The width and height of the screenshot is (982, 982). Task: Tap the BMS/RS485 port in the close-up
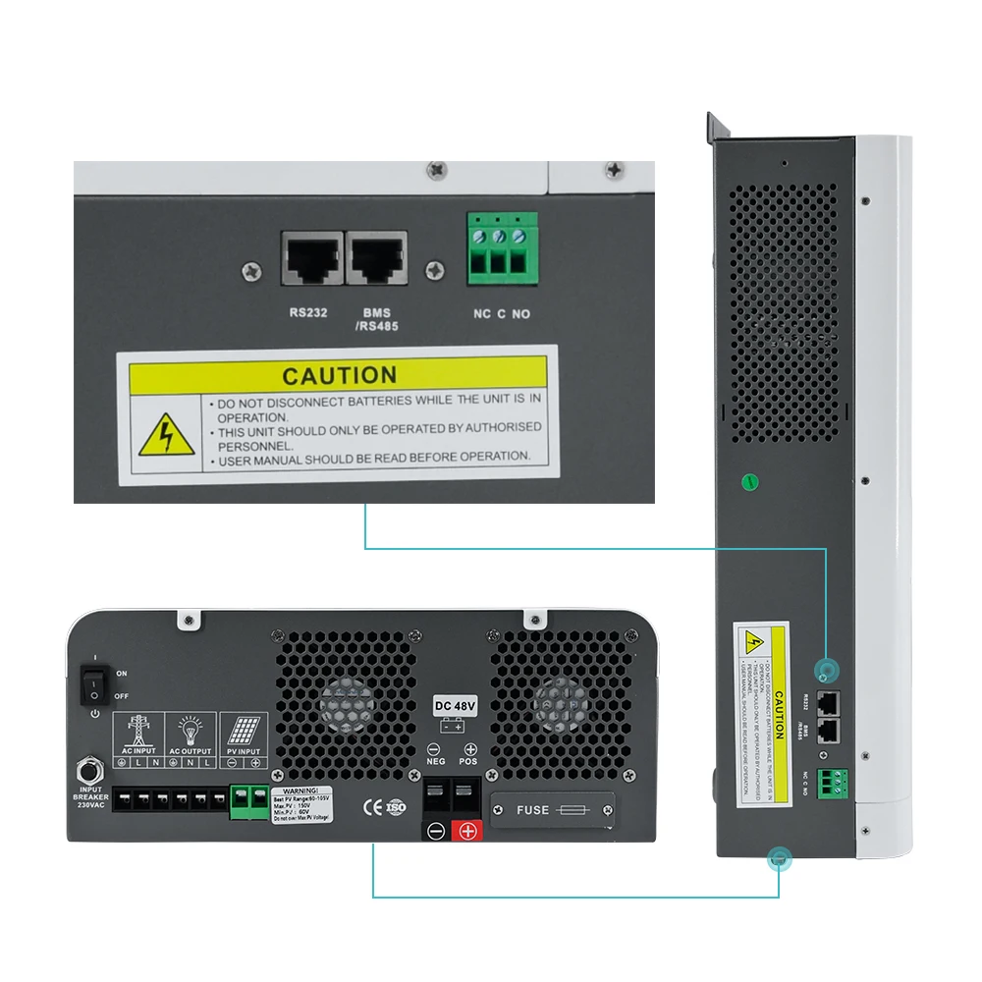pyautogui.click(x=377, y=259)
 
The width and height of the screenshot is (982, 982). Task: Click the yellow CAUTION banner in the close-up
pyautogui.click(x=338, y=375)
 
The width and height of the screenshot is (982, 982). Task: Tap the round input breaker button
pyautogui.click(x=92, y=766)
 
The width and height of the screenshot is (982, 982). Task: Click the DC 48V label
pyautogui.click(x=453, y=706)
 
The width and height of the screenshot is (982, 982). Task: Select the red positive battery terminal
pyautogui.click(x=467, y=831)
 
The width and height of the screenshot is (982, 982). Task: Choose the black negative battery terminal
pyautogui.click(x=436, y=831)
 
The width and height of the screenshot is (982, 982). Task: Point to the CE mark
pyautogui.click(x=373, y=807)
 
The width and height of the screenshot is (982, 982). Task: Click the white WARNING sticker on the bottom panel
pyautogui.click(x=300, y=803)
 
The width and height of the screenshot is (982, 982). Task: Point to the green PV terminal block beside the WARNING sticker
pyautogui.click(x=249, y=799)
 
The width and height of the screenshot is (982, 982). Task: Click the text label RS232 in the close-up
pyautogui.click(x=309, y=313)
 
